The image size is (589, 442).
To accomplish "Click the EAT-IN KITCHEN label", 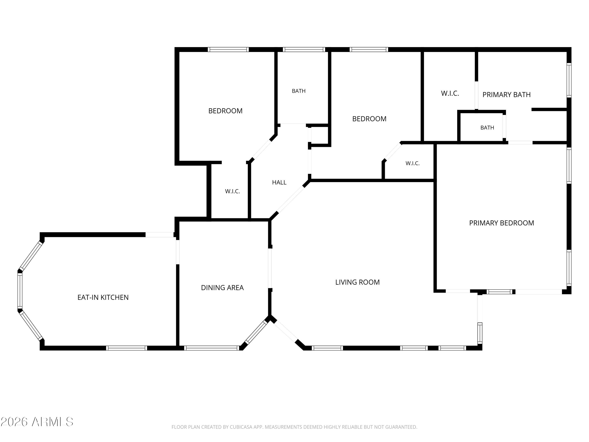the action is point(103,297).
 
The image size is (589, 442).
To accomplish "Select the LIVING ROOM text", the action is point(357,282).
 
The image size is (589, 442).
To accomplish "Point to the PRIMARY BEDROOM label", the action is point(501,223).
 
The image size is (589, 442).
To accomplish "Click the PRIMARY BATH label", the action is point(507,94).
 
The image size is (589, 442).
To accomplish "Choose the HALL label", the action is point(279,182).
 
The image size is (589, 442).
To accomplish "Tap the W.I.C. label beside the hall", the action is point(232,191).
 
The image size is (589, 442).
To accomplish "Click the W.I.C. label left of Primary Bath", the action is point(450,94).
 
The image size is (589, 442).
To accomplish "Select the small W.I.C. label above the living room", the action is point(412,163).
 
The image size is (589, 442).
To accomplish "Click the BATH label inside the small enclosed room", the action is point(487,128).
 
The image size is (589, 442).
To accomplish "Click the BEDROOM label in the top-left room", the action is point(225,111).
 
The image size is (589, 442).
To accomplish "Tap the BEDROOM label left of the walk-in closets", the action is point(369,119).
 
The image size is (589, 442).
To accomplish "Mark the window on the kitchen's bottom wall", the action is point(126,348).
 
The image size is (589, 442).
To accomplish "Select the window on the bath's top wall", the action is point(304,50).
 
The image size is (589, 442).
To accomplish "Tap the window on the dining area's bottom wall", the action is point(212,348).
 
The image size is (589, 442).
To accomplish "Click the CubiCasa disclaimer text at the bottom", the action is point(294,427).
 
